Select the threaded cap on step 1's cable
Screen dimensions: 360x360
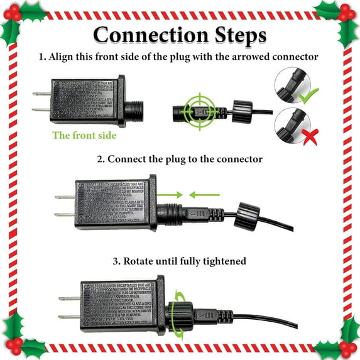coord(241,110)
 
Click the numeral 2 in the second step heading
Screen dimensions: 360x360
coord(100,159)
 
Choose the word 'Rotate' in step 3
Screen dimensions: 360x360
coord(141,260)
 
